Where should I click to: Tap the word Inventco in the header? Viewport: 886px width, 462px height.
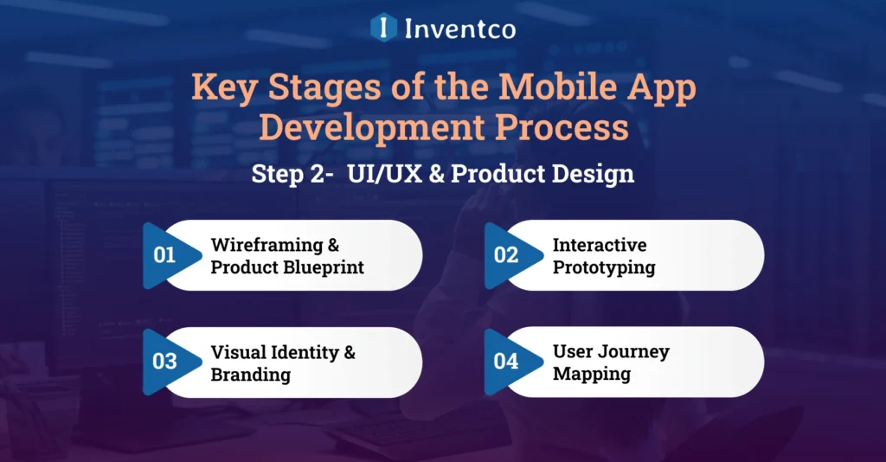(x=459, y=29)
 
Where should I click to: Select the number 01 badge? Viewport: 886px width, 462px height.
(x=164, y=255)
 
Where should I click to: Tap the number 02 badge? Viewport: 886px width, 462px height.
(x=506, y=255)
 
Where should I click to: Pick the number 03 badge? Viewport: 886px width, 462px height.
(x=164, y=362)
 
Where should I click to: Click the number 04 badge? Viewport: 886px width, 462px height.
(x=506, y=362)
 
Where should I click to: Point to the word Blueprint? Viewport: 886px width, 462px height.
(x=324, y=267)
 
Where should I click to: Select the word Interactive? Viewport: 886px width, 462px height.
(x=600, y=245)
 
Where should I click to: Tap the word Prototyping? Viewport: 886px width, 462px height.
(x=604, y=267)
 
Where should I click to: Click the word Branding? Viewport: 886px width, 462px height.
(x=250, y=375)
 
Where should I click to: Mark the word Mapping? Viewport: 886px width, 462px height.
(x=592, y=375)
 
